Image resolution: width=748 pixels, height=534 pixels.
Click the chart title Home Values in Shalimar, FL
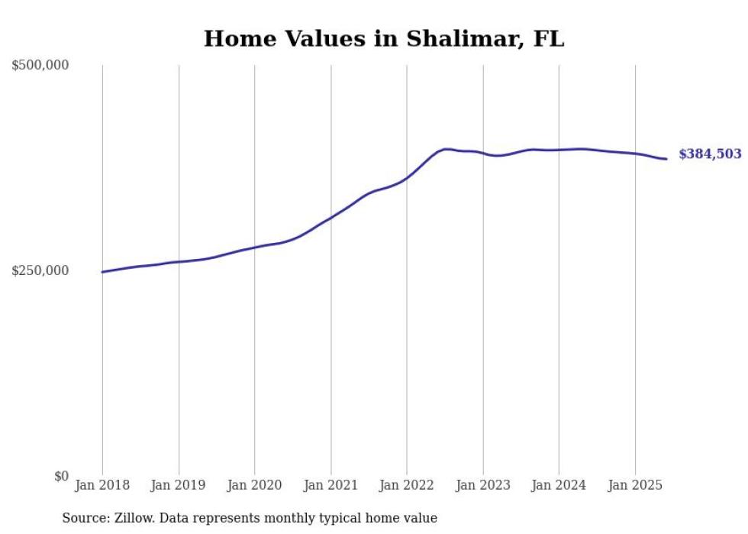click(x=384, y=39)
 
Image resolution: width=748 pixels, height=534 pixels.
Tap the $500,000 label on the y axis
click(x=40, y=66)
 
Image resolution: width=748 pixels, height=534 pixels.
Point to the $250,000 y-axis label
click(x=40, y=270)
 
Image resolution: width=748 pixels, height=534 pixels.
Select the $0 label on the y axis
click(x=62, y=476)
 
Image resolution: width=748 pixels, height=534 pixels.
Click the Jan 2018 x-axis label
click(x=102, y=485)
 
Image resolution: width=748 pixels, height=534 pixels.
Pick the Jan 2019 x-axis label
click(x=179, y=485)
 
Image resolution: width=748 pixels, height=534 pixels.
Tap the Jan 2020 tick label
click(x=254, y=485)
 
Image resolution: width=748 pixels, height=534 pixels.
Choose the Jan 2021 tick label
click(x=330, y=485)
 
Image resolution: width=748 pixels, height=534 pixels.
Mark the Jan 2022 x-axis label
click(x=407, y=485)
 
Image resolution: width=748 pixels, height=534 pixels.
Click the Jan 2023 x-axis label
click(x=482, y=485)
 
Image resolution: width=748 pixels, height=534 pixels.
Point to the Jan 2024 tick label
click(x=559, y=485)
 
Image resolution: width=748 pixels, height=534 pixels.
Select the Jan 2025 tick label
click(x=635, y=485)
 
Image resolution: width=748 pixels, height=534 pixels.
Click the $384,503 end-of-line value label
click(x=710, y=154)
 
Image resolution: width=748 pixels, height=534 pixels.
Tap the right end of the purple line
click(x=666, y=159)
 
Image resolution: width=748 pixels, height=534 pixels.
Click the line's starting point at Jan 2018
click(x=102, y=272)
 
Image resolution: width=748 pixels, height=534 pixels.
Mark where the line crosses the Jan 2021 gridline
click(x=330, y=218)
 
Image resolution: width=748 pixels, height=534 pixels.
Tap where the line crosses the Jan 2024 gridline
click(x=559, y=150)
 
